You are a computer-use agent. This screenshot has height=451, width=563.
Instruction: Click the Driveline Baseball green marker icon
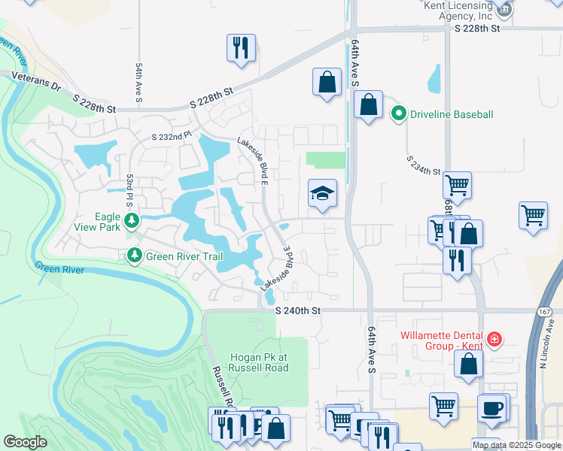click(399, 114)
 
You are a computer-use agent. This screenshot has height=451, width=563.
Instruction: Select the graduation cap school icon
click(322, 195)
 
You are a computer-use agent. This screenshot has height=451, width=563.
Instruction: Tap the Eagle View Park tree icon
click(132, 220)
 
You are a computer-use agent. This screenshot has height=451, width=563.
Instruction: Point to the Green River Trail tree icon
click(134, 256)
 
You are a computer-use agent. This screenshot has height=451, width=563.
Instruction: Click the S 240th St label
click(298, 310)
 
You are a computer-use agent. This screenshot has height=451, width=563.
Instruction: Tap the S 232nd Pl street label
click(172, 138)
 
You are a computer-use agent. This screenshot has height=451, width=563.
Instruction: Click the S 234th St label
click(423, 165)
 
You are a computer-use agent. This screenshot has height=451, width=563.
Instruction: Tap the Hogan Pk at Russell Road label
click(260, 362)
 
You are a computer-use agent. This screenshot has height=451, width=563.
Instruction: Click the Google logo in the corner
click(25, 442)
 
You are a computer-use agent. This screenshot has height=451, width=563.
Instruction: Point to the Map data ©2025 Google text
click(516, 445)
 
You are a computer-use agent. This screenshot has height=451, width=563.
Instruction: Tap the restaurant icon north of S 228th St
click(241, 48)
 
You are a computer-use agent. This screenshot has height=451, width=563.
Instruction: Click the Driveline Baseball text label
click(452, 114)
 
